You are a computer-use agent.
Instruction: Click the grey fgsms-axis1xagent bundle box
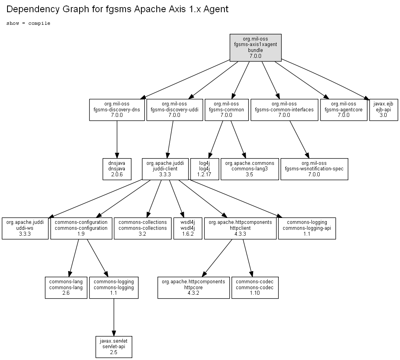coord(256,48)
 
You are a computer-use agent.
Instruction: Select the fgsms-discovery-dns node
coord(117,110)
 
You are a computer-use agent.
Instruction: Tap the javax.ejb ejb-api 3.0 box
coord(383,110)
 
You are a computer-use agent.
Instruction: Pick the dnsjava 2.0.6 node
coord(117,169)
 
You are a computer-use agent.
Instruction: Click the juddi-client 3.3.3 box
coord(165,169)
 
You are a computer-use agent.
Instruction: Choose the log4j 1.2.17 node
coord(205,169)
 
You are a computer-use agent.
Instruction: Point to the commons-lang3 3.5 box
coord(250,169)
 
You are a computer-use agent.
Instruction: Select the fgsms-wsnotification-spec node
coord(314,169)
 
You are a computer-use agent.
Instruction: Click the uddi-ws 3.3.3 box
coord(25,228)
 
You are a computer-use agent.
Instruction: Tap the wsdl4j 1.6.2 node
coord(188,228)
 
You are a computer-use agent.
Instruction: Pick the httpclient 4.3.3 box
coord(240,228)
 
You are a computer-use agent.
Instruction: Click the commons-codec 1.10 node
coord(255,288)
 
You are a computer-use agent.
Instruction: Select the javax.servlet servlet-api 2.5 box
coord(114,347)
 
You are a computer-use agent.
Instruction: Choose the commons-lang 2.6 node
coord(66,288)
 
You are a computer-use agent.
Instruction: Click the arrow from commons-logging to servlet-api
coord(114,317)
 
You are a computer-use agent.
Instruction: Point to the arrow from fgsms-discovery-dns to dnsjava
coord(117,139)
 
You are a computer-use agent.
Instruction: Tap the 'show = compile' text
coord(28,23)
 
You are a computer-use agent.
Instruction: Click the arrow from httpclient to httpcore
coord(217,258)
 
